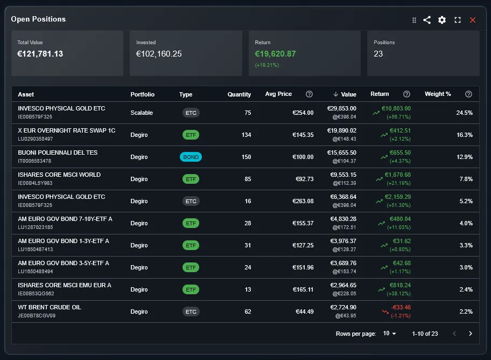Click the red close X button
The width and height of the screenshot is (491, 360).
(473, 20)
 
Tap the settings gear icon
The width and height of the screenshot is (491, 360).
(442, 20)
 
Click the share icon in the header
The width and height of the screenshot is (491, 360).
(427, 20)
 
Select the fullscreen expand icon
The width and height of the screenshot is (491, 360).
(458, 20)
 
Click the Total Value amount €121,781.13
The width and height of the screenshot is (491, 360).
(40, 54)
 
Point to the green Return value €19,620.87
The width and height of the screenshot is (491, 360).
(275, 54)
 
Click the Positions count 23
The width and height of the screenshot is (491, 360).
(378, 54)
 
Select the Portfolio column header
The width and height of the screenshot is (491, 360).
(142, 94)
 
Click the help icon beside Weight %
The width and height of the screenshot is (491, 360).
(468, 94)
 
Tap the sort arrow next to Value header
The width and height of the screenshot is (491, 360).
(335, 94)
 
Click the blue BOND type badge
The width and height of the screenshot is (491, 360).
(191, 157)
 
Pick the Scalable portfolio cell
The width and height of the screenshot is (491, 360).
(142, 113)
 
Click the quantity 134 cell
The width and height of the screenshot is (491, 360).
(246, 135)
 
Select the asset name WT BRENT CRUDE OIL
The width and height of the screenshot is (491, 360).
(50, 307)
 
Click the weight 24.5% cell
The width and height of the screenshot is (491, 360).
(464, 113)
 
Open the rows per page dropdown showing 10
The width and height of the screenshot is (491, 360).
(389, 334)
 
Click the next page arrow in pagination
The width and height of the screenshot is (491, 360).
(471, 334)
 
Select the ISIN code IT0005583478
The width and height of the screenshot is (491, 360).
(34, 161)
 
